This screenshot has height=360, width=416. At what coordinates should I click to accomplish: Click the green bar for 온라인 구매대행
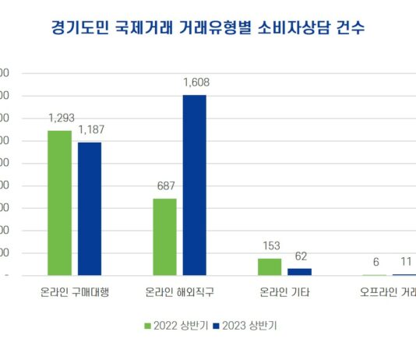(59, 203)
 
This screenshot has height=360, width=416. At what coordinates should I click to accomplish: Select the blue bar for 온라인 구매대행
(90, 208)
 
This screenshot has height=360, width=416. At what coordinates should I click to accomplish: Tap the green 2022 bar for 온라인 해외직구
(164, 237)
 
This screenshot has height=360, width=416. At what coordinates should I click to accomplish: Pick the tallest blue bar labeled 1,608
(195, 185)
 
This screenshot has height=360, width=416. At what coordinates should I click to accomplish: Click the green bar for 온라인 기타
(270, 266)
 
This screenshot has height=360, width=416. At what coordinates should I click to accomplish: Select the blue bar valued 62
(300, 271)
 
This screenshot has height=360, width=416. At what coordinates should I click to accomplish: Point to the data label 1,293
(60, 118)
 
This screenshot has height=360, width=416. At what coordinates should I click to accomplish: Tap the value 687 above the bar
(165, 186)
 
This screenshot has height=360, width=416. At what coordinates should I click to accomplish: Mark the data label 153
(270, 246)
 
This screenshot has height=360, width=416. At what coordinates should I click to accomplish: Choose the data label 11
(406, 262)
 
